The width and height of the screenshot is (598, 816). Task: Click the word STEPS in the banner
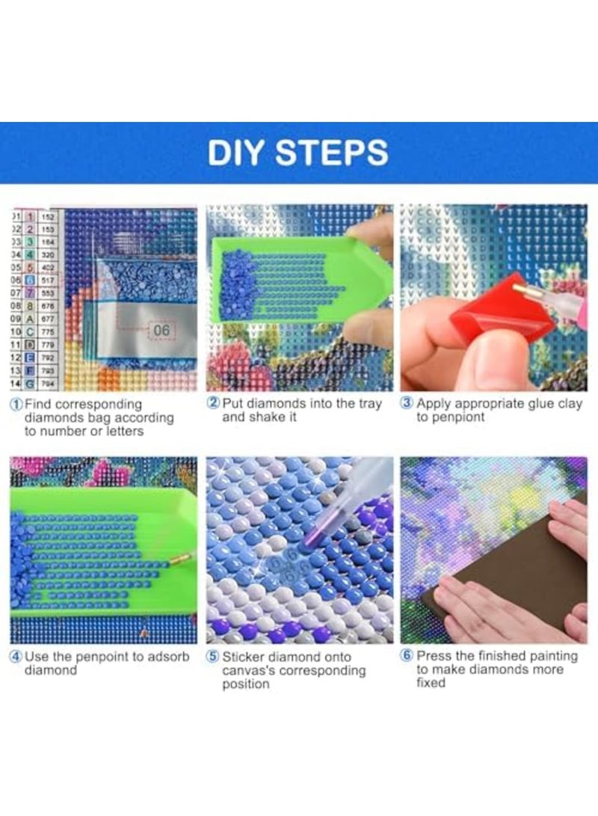331,152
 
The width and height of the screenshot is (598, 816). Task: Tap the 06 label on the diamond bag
162,329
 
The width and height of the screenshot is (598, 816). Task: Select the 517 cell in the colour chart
48,279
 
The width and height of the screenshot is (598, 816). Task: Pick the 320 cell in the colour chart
48,254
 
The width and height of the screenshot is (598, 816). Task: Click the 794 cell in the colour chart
48,383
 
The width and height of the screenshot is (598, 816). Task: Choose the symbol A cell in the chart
31,318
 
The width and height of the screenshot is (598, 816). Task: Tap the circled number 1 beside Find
16,404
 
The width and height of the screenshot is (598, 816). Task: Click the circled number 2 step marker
213,403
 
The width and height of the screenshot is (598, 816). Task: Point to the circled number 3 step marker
407,403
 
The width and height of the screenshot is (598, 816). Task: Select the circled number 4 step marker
16,656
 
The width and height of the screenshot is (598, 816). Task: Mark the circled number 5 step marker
213,657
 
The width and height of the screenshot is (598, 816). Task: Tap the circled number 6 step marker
407,656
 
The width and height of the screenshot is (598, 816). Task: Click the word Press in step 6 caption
434,656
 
